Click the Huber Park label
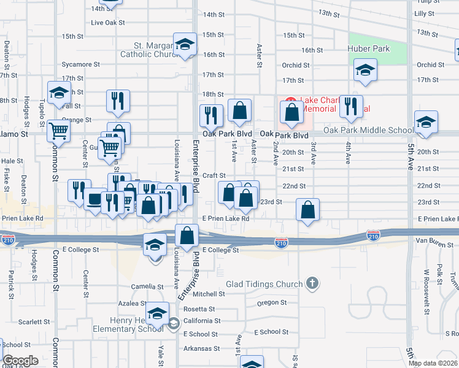click(x=368, y=48)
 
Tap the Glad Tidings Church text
click(x=264, y=284)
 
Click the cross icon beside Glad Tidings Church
click(x=312, y=283)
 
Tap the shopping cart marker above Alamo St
click(x=58, y=129)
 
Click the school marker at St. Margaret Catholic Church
click(x=185, y=44)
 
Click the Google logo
click(x=20, y=361)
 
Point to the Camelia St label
click(x=145, y=286)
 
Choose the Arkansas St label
click(x=201, y=348)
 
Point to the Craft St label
click(x=215, y=175)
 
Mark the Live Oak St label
click(x=108, y=23)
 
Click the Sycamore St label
click(x=80, y=64)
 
